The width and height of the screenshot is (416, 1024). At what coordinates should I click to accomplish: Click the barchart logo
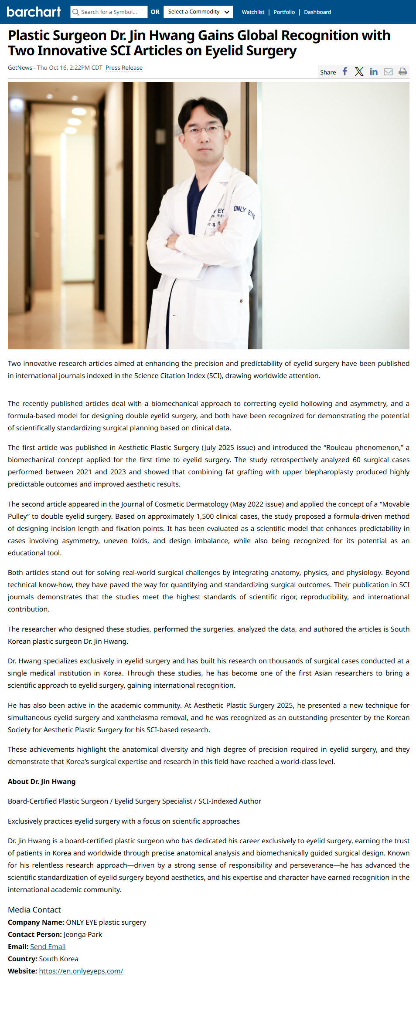(34, 12)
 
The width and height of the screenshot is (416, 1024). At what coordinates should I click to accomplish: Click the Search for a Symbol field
(109, 12)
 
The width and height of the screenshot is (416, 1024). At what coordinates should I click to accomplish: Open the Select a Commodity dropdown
(198, 12)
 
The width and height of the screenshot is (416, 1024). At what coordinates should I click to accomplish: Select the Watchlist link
(253, 12)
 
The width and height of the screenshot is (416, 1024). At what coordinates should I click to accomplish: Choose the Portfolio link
(284, 12)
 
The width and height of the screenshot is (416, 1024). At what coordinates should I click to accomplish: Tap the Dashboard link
(317, 12)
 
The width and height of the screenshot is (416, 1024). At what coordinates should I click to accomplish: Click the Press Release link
(124, 68)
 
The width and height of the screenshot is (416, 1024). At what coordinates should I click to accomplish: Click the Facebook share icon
(345, 72)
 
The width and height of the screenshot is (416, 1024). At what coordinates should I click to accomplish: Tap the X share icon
(359, 72)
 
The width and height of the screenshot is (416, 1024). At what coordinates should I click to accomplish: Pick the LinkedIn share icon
(374, 72)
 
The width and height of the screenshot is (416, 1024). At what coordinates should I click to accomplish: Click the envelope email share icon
(388, 72)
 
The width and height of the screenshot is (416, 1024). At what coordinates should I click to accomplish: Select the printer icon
(402, 72)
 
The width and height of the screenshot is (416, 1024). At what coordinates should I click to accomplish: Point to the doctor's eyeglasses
(204, 129)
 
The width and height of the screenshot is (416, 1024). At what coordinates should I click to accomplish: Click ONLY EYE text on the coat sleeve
(244, 211)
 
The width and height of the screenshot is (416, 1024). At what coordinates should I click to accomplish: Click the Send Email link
(48, 946)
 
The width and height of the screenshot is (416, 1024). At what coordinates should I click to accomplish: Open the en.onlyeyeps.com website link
(81, 971)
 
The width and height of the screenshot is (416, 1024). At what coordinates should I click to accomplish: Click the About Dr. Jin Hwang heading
(42, 781)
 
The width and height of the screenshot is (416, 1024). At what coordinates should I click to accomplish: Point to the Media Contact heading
(34, 909)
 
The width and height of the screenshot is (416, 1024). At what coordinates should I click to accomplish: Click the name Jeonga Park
(83, 934)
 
